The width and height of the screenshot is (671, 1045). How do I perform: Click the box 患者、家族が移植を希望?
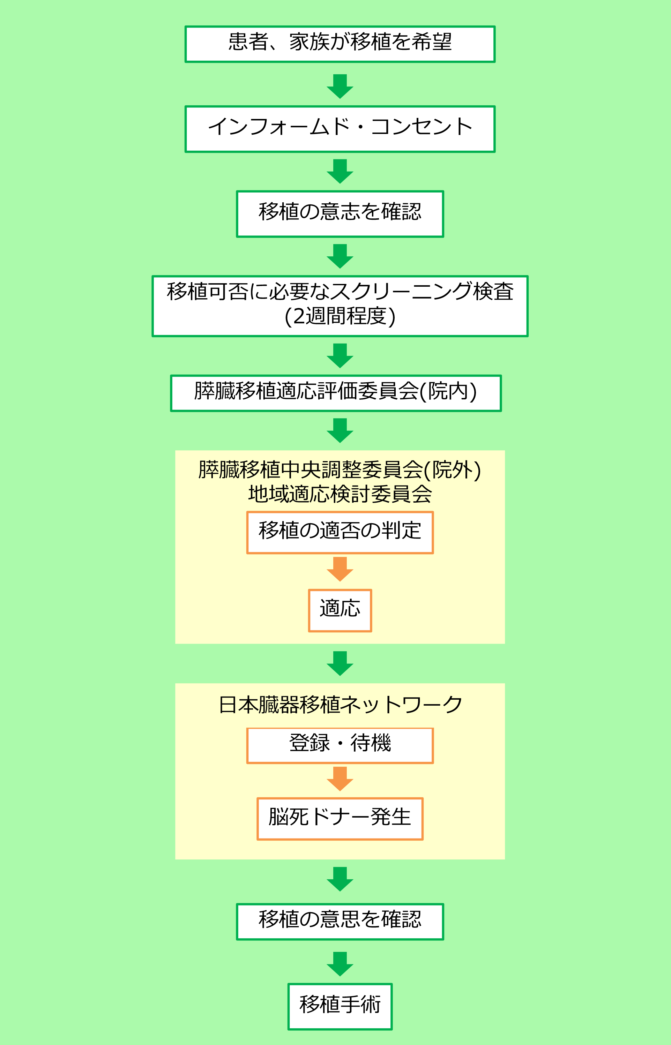340,44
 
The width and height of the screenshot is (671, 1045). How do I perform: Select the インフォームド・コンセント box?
340,129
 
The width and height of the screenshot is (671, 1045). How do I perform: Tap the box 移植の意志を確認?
340,214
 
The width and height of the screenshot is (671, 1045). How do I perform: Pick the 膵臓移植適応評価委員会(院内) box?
336,393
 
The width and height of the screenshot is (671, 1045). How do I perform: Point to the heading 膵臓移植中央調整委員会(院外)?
340,470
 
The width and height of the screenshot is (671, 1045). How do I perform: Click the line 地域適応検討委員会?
340,494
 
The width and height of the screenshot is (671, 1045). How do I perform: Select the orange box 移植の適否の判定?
340,532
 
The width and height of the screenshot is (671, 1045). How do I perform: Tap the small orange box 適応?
340,610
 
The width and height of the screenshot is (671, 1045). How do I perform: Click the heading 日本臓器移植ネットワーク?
340,705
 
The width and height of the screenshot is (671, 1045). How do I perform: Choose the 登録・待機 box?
340,745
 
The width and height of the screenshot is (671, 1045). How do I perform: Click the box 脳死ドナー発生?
340,819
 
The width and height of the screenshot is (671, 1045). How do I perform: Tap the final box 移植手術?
340,1006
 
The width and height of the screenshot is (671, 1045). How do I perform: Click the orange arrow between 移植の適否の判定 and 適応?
340,569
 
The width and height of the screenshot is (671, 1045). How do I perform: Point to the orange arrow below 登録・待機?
340,779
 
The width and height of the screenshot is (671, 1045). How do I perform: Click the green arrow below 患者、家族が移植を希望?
340,86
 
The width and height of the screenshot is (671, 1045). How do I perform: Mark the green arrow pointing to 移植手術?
340,964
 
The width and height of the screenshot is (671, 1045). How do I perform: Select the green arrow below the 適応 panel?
340,663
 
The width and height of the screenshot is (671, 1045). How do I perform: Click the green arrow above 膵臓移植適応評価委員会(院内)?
340,355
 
